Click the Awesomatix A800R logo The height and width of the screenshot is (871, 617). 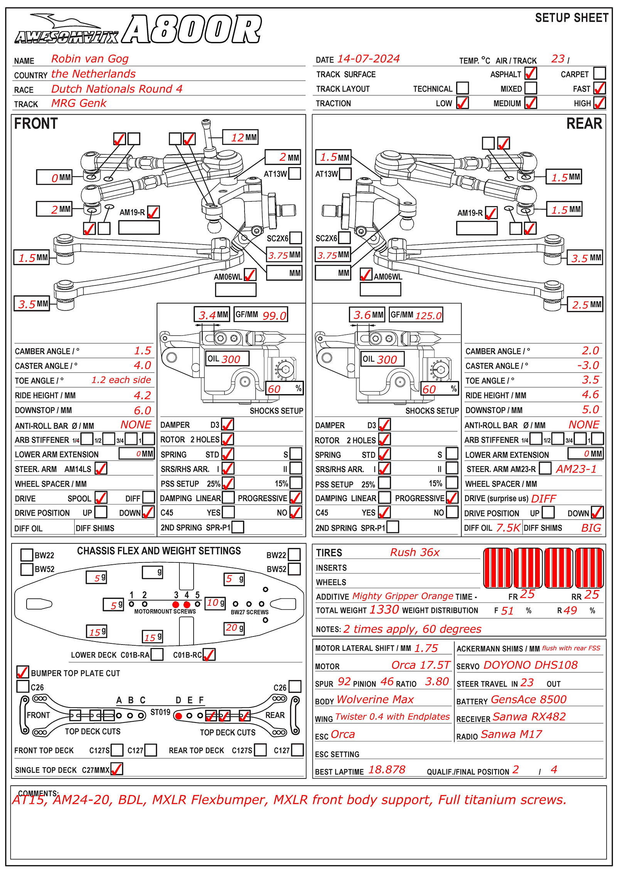point(138,29)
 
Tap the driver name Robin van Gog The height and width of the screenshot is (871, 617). point(90,59)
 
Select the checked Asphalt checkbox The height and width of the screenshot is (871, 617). point(531,73)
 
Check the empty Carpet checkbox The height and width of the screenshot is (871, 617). point(599,73)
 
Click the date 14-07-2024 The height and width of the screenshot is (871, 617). point(368,59)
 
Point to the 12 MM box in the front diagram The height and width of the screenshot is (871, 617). point(240,137)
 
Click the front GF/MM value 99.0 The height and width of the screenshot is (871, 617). point(274,316)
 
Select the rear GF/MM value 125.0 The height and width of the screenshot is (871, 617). point(428,316)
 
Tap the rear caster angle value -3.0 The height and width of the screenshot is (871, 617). point(588,365)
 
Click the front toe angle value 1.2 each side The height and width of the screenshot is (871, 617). point(121,380)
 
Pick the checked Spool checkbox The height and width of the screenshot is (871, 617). point(101,498)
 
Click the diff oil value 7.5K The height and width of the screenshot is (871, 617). point(508,528)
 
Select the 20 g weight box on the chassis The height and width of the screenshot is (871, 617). point(234,628)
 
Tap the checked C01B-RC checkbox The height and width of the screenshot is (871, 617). point(209,655)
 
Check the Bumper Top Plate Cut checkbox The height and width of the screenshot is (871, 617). point(23,672)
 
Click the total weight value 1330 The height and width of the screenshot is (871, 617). point(384,609)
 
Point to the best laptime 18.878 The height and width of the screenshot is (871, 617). point(387,770)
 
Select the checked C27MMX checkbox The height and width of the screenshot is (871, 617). point(117,769)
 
